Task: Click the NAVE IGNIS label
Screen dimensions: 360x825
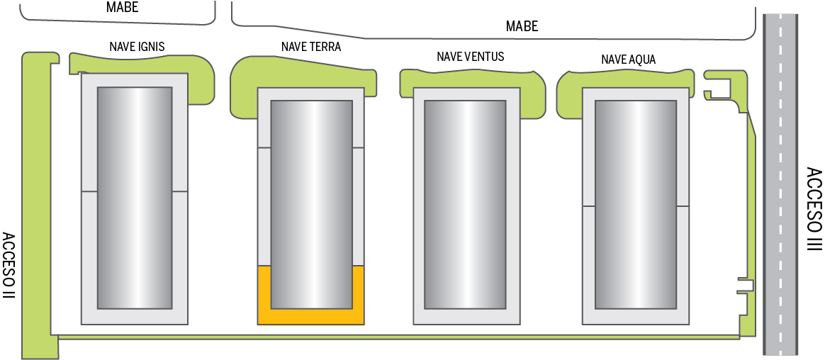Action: pos(137,47)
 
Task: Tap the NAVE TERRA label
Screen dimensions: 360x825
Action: pos(310,47)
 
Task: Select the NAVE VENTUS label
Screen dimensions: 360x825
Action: pos(471,56)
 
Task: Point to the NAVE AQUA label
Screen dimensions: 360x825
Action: pos(628,60)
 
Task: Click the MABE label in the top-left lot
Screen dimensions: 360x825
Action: pos(122,8)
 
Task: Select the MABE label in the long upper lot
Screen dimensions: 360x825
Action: pos(522,26)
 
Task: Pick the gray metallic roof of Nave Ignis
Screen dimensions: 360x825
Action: pos(135,198)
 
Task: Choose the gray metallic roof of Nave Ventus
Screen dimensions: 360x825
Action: pos(465,205)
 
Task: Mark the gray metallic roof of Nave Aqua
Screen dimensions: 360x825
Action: pos(635,205)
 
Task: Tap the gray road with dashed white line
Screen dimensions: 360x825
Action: pos(780,184)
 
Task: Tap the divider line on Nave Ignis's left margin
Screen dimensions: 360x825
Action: pos(89,192)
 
